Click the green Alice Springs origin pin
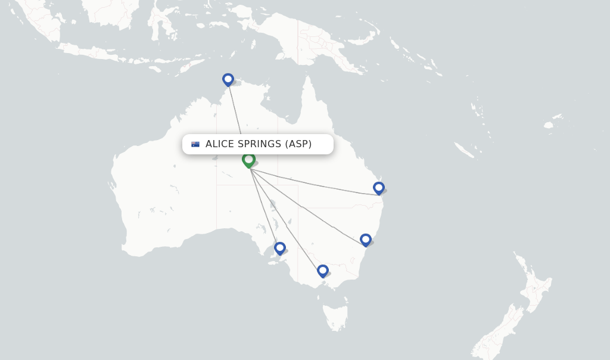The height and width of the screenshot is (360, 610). click(248, 160)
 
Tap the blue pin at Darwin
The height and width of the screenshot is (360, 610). click(228, 79)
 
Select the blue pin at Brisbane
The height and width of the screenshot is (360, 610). click(378, 188)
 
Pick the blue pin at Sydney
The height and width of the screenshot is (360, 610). click(366, 240)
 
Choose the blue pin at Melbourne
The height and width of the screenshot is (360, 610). click(322, 271)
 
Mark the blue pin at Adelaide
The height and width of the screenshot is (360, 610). click(279, 248)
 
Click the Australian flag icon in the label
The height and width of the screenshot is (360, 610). click(195, 144)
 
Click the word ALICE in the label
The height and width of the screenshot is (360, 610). click(219, 144)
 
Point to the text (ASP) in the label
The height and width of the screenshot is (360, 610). click(298, 144)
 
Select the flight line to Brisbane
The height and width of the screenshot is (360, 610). click(316, 183)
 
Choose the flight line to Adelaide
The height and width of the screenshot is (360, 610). click(264, 206)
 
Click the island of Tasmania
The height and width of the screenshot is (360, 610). click(334, 316)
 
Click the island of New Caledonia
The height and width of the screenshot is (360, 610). click(464, 150)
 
